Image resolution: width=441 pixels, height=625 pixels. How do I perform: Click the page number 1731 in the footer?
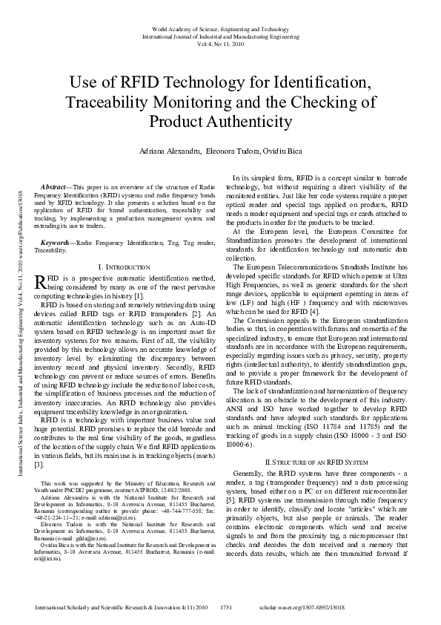227,607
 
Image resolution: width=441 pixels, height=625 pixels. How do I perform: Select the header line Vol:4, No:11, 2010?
219,44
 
